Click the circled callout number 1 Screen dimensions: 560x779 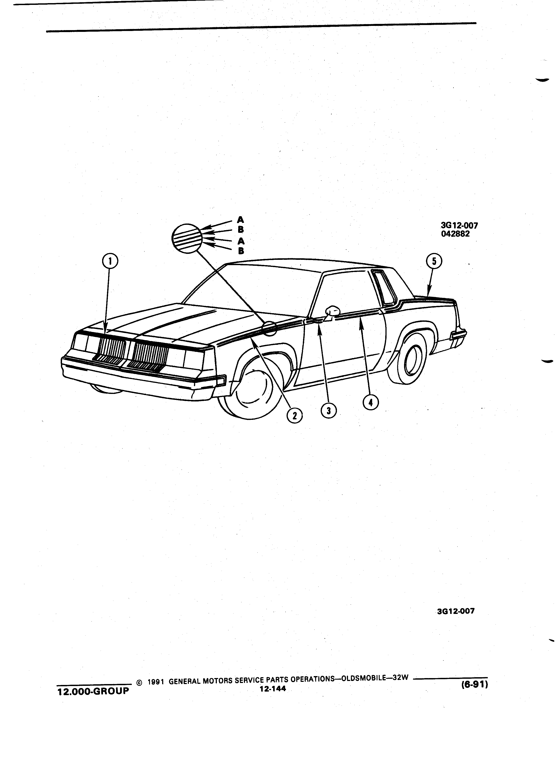tap(110, 262)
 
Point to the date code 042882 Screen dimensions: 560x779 tap(455, 234)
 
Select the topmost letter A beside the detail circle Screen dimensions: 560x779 tap(241, 219)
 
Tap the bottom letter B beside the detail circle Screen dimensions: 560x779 tap(241, 251)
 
